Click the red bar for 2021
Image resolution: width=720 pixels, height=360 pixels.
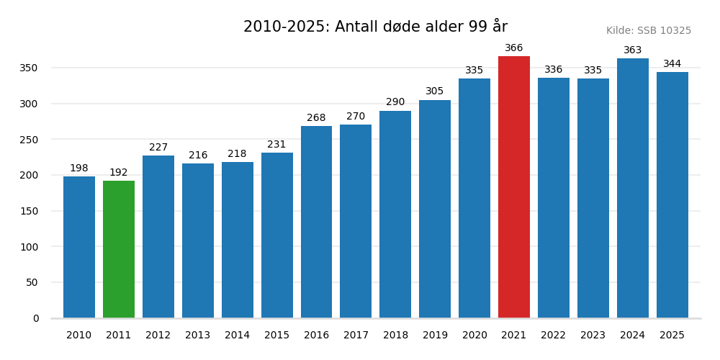(514, 187)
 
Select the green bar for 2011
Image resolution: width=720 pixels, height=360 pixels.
(119, 249)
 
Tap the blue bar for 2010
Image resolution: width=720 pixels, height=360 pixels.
(79, 247)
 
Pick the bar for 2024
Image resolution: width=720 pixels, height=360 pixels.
(632, 188)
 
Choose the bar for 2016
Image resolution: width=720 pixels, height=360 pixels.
(316, 222)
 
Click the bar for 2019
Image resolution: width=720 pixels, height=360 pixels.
(435, 209)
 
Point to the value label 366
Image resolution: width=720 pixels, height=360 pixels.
(514, 48)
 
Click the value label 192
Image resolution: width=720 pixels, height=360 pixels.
(119, 173)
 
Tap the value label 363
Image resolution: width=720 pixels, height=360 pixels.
(632, 50)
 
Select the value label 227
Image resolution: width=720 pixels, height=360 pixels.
(158, 148)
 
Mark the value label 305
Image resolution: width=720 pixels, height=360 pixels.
(435, 91)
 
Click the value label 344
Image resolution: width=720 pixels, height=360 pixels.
(672, 64)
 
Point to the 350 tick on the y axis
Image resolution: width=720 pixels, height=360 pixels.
(29, 68)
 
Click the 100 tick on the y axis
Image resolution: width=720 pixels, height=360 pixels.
(29, 247)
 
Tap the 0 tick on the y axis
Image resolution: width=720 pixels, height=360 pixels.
(36, 318)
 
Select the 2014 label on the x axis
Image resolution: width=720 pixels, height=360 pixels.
(237, 336)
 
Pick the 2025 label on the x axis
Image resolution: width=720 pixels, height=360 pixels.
(672, 336)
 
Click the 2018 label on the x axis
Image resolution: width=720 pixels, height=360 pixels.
(395, 336)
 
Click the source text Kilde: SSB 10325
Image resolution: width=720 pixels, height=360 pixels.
(648, 31)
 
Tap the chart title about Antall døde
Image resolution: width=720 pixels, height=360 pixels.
(375, 27)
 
